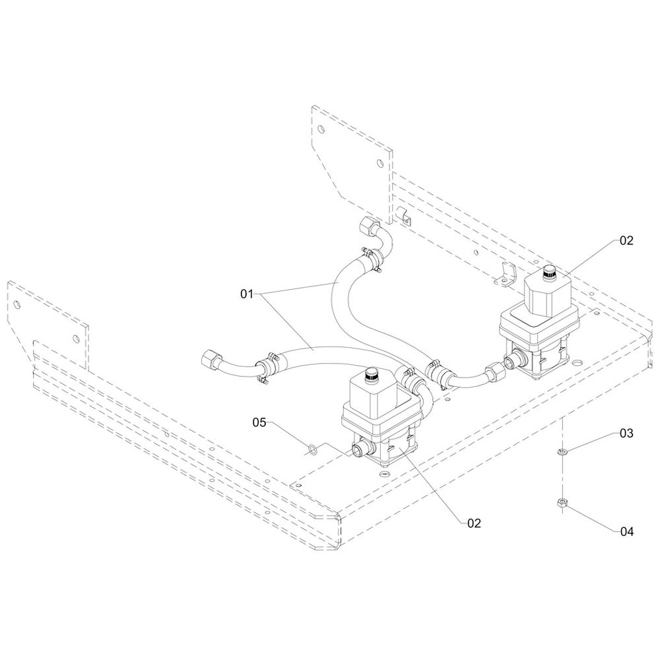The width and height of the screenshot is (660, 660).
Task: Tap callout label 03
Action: point(626,434)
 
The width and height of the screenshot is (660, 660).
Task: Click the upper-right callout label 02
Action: point(626,241)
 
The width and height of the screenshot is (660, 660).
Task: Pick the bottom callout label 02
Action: point(474,523)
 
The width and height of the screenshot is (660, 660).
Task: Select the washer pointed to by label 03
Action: point(562,451)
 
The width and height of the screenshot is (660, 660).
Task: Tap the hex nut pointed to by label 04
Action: point(562,505)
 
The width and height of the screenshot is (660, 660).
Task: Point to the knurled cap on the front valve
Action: point(371,375)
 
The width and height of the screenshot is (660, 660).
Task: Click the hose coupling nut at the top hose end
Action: point(368,228)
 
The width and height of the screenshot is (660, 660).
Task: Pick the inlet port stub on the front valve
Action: point(358,450)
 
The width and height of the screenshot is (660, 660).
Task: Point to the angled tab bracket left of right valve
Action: point(506,274)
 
